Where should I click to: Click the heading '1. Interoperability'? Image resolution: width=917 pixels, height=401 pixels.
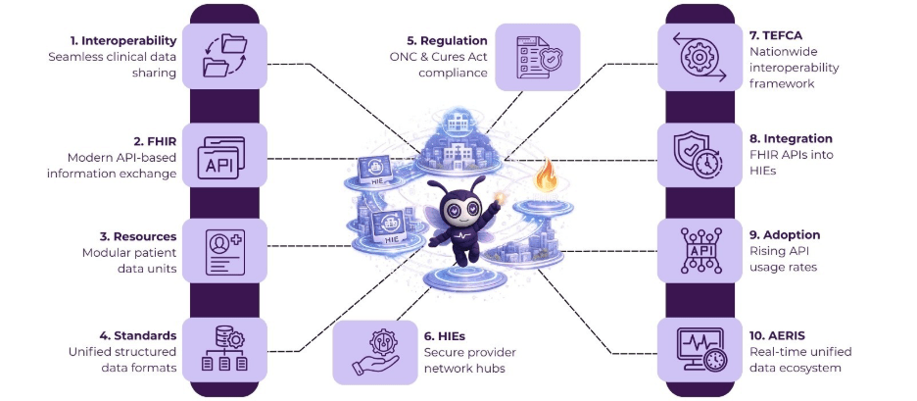click(122, 41)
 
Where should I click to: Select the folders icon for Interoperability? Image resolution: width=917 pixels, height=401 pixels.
click(223, 54)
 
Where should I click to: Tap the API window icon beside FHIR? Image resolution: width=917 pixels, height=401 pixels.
click(223, 157)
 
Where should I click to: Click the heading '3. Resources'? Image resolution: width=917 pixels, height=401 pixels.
click(138, 236)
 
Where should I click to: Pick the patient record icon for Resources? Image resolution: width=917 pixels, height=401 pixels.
click(223, 252)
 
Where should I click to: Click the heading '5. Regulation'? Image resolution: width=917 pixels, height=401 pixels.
click(448, 41)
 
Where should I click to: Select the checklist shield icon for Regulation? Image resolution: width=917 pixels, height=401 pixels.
click(538, 56)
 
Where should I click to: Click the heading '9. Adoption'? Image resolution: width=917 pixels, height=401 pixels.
click(785, 235)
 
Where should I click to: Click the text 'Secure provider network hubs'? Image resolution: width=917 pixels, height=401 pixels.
click(469, 360)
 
